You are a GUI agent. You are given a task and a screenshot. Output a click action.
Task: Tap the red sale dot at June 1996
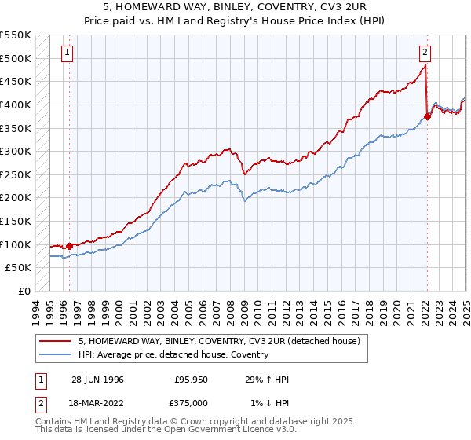coord(69,246)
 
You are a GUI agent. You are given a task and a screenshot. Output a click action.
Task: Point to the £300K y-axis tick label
coord(16,151)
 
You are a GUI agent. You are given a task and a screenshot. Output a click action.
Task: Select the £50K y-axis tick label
coord(20,268)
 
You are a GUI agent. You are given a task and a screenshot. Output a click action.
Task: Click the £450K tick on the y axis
coord(16,81)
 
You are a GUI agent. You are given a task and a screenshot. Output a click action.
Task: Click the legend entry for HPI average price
coord(173,355)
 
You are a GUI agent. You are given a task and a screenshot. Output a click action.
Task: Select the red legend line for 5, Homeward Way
coord(57,341)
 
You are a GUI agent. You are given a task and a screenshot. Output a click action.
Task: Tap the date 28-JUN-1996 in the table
coord(97,379)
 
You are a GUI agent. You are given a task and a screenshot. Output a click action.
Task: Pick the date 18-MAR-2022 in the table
coord(97,403)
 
